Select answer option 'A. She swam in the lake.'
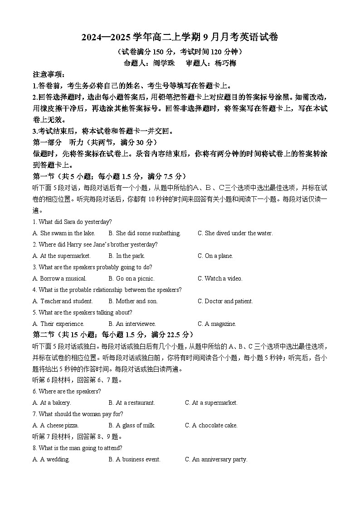click(64, 233)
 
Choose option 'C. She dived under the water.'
click(235, 233)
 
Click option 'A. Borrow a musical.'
click(59, 278)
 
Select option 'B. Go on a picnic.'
click(131, 278)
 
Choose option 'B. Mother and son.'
click(133, 301)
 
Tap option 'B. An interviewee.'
click(132, 324)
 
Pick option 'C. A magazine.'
click(217, 324)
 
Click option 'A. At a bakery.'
click(52, 402)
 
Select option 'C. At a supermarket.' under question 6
click(211, 402)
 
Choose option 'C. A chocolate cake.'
click(211, 425)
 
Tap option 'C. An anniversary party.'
click(216, 459)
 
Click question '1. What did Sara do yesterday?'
click(72, 222)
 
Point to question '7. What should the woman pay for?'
click(78, 414)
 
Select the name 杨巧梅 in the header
click(225, 63)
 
